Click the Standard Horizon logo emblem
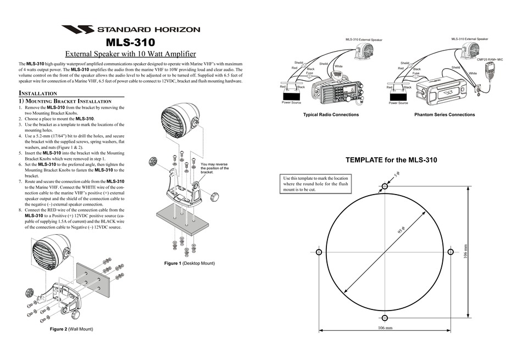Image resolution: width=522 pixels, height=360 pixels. (78, 30)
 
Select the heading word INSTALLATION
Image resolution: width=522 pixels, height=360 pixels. (38, 93)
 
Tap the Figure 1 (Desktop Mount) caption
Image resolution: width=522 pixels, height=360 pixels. (190, 263)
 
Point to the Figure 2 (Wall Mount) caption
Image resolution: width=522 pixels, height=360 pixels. (71, 329)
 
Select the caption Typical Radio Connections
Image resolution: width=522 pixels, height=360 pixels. (331, 115)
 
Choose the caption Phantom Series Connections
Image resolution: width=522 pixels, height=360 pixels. (444, 115)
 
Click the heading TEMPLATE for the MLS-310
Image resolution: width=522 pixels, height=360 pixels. (391, 160)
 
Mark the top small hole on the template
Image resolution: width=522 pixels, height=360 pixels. (385, 187)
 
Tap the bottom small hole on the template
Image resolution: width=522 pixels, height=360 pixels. (385, 317)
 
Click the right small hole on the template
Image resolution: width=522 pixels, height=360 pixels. (450, 252)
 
